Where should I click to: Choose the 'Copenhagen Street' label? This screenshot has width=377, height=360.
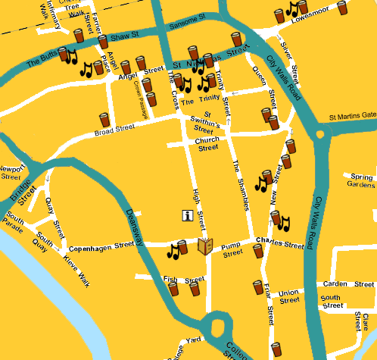click(100, 249)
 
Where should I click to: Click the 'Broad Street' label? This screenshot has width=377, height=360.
click(114, 128)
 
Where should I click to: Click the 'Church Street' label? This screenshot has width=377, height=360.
click(207, 144)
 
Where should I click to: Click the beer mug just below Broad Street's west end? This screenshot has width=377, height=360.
click(104, 119)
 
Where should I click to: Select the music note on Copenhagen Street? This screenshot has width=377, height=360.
click(174, 250)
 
